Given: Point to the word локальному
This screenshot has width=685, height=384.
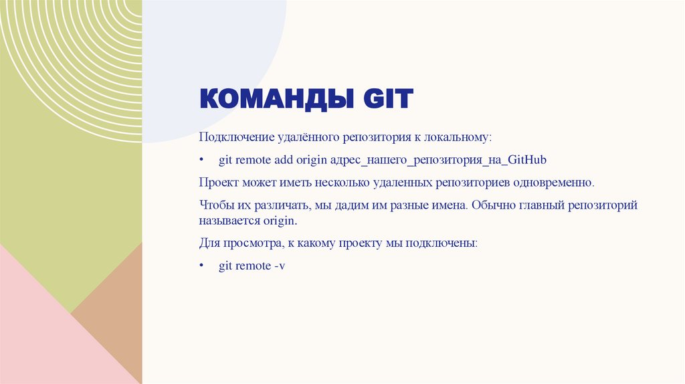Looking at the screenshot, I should pyautogui.click(x=457, y=137).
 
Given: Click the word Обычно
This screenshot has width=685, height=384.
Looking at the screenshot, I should pyautogui.click(x=490, y=205).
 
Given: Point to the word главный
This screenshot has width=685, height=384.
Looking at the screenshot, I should pyautogui.click(x=539, y=205).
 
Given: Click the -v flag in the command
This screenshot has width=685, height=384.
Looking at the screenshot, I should pyautogui.click(x=280, y=266).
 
